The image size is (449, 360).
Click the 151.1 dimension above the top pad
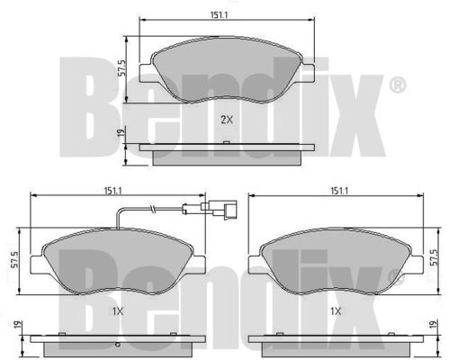pyautogui.click(x=219, y=14)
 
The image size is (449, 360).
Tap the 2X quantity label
pyautogui.click(x=227, y=120)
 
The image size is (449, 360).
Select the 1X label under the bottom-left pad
pyautogui.click(x=118, y=312)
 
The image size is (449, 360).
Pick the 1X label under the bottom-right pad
pyautogui.click(x=336, y=311)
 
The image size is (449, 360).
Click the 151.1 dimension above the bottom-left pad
pyautogui.click(x=113, y=190)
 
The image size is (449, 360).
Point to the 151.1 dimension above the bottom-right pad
pyautogui.click(x=339, y=190)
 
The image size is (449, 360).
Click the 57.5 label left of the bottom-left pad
pyautogui.click(x=14, y=260)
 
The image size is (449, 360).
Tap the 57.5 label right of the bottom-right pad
pyautogui.click(x=434, y=257)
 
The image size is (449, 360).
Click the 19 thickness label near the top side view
pyautogui.click(x=121, y=132)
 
